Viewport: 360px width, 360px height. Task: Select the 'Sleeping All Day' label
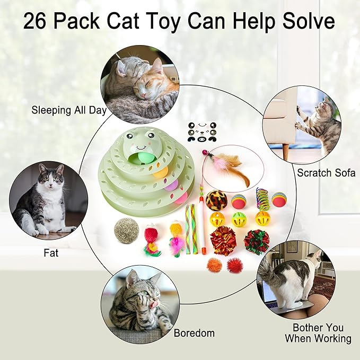pos(69,111)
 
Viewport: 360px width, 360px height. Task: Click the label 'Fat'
pos(51,253)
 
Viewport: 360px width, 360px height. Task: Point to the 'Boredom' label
pos(194,333)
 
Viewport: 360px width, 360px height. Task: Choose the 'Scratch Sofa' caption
pos(326,172)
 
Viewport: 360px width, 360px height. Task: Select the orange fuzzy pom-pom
pos(214,264)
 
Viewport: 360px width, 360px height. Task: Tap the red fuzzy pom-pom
pos(234,265)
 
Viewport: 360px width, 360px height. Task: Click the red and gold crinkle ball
pos(223,240)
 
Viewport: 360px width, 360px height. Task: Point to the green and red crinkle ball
pos(257,242)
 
